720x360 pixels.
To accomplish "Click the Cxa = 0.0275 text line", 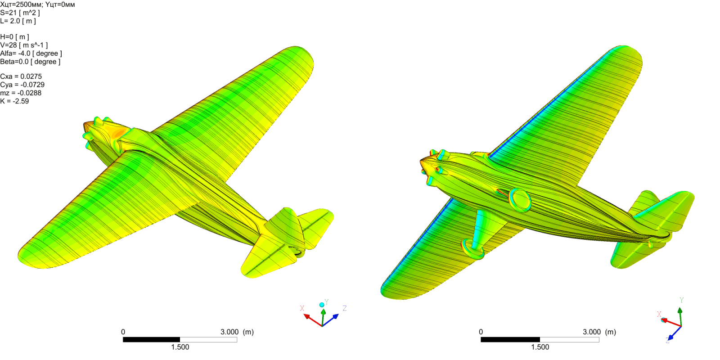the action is click(x=21, y=76).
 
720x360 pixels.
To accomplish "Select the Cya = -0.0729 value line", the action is click(x=22, y=85).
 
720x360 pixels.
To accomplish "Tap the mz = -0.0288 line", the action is click(x=21, y=93).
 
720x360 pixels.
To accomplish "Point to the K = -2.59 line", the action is click(x=14, y=101).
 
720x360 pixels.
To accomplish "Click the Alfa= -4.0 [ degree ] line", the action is click(x=31, y=54).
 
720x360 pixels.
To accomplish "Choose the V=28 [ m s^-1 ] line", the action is click(x=24, y=45).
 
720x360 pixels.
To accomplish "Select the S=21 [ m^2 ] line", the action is click(x=20, y=13).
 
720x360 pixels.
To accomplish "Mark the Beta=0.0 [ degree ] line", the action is click(x=30, y=62).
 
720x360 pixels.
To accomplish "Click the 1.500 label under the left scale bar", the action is click(x=180, y=347).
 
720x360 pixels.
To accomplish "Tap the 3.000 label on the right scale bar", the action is click(x=592, y=332).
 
